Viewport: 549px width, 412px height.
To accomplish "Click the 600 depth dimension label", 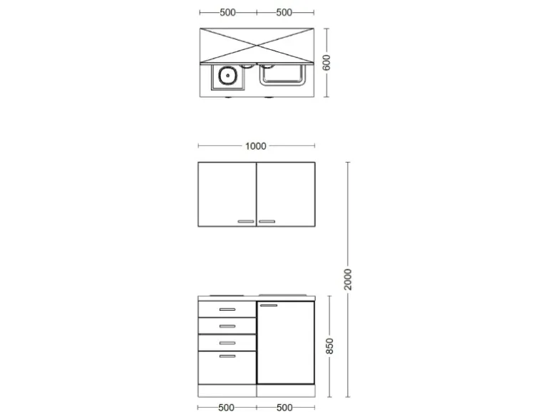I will pyautogui.click(x=326, y=63).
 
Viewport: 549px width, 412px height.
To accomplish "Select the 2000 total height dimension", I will pyautogui.click(x=348, y=279).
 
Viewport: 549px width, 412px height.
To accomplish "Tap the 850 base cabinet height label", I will pyautogui.click(x=329, y=346).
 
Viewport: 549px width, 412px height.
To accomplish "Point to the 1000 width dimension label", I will pyautogui.click(x=255, y=146).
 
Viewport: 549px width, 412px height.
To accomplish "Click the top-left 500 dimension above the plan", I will pyautogui.click(x=227, y=13).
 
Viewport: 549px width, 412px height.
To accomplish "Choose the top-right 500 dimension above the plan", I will pyautogui.click(x=284, y=13).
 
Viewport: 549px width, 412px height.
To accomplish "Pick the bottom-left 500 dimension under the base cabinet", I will pyautogui.click(x=227, y=407).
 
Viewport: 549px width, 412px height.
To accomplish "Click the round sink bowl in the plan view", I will pyautogui.click(x=227, y=75).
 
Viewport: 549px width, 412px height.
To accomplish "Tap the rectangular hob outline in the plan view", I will pyautogui.click(x=283, y=73).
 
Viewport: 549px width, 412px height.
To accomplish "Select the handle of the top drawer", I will pyautogui.click(x=227, y=309).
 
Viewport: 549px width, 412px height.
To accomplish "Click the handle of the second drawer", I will pyautogui.click(x=227, y=326).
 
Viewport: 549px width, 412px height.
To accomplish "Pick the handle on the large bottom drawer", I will pyautogui.click(x=227, y=356).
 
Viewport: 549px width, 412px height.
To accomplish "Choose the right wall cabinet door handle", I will pyautogui.click(x=267, y=222).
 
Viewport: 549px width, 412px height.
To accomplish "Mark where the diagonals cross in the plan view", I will pyautogui.click(x=256, y=44).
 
